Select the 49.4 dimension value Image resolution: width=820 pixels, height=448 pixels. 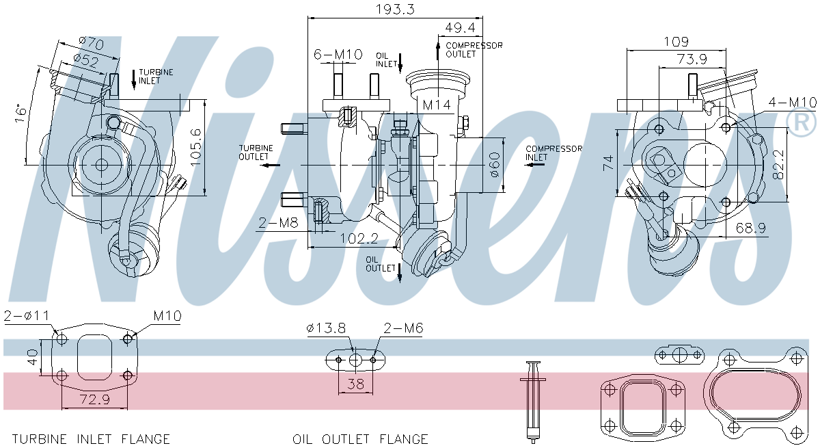pyautogui.click(x=460, y=27)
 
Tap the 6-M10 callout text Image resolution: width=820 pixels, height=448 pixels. pyautogui.click(x=338, y=54)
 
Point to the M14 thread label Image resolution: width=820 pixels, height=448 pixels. pyautogui.click(x=436, y=105)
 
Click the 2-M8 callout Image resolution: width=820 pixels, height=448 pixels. pyautogui.click(x=278, y=222)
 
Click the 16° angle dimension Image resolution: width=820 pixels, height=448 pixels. pyautogui.click(x=22, y=113)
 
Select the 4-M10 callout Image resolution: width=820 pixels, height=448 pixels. pyautogui.click(x=792, y=103)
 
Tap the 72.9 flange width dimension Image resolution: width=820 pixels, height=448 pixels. pyautogui.click(x=95, y=399)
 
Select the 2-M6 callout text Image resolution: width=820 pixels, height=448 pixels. pyautogui.click(x=403, y=329)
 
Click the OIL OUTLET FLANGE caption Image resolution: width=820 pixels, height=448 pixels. pyautogui.click(x=360, y=439)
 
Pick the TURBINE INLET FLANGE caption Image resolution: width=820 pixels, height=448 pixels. pyautogui.click(x=91, y=439)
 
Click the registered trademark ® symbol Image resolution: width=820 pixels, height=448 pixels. pyautogui.click(x=801, y=122)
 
